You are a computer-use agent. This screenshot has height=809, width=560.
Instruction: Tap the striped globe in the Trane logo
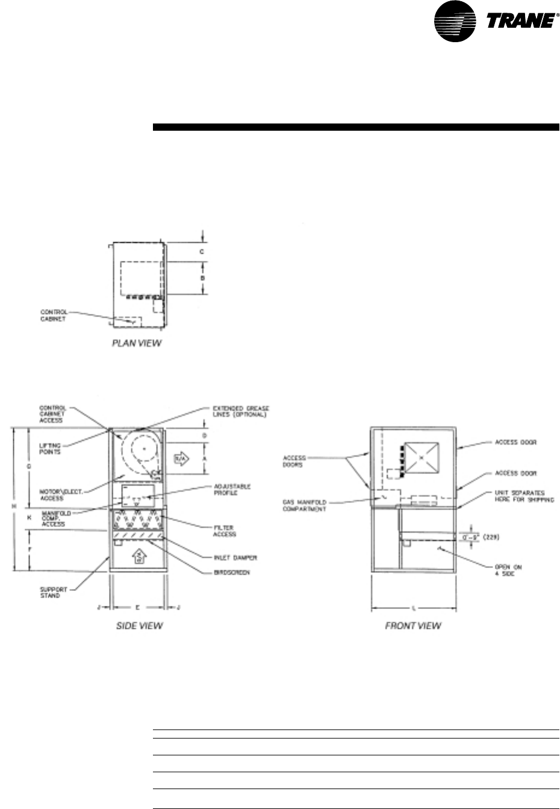(462, 23)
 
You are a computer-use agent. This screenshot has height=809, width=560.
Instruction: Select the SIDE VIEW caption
(139, 626)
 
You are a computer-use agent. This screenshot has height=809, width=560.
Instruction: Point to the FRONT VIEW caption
(413, 626)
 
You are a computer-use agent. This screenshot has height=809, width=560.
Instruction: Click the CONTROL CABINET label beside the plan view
(54, 315)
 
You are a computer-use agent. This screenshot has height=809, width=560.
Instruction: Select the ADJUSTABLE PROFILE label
(232, 490)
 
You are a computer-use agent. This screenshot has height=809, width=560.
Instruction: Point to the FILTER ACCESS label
(225, 531)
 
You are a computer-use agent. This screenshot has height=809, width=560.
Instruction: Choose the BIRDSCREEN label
(232, 572)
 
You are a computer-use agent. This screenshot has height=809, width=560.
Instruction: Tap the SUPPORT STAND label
(50, 592)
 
